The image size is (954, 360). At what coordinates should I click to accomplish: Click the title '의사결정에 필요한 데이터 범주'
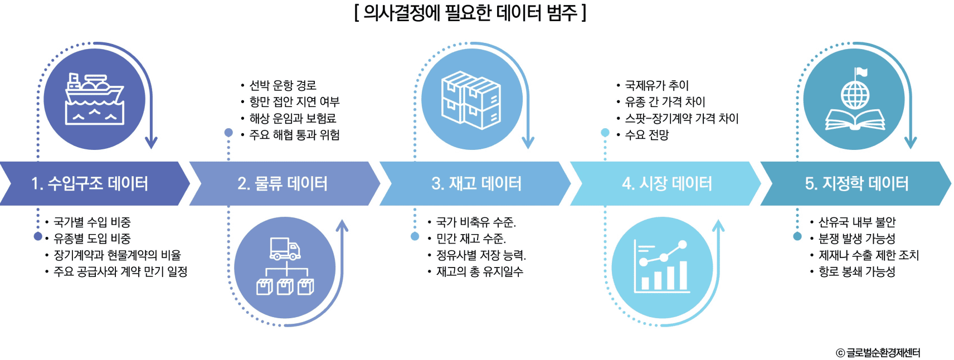coord(470,13)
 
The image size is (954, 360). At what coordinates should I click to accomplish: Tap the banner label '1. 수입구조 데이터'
coord(89,183)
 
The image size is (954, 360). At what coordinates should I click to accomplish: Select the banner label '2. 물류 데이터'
coord(283,183)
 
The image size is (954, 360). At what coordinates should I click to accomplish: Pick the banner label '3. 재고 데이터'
coord(476,183)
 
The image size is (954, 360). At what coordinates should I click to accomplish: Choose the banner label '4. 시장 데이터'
coord(667,183)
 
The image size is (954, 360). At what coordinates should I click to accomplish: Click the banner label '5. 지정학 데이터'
coord(856,183)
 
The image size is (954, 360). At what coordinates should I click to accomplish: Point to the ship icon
coord(95,99)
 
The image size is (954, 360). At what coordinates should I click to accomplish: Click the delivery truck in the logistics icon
coord(285,249)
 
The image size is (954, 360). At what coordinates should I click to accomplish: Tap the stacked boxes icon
coord(471,100)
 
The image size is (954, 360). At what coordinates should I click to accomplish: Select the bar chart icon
coord(661,266)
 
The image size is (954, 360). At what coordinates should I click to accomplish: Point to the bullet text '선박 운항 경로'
coord(283,85)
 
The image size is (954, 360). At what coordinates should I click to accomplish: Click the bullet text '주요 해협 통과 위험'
coord(294,135)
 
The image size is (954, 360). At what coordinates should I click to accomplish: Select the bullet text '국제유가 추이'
coord(657,85)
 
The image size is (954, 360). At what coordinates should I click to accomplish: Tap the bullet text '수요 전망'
coord(646,135)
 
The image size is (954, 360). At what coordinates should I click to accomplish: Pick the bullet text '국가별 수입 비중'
coord(92,222)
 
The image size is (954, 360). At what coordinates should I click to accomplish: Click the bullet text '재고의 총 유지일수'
coord(480,272)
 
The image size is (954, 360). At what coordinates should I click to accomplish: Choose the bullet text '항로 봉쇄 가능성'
coord(857,272)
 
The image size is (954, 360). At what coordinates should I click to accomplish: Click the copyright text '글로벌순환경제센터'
coord(883,352)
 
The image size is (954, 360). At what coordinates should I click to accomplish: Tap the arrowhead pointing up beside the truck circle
coord(342,226)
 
